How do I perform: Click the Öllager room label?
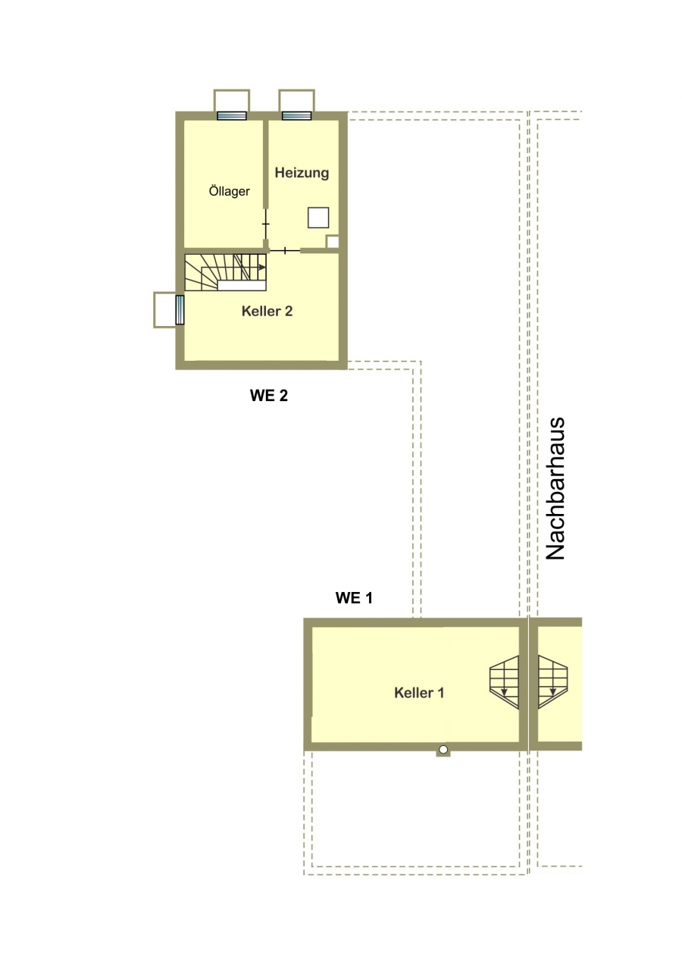tap(229, 191)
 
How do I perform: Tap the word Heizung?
tap(302, 173)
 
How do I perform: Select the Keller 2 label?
tap(267, 311)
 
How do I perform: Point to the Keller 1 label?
tap(419, 693)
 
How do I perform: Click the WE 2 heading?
tap(269, 396)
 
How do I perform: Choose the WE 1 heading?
tap(354, 597)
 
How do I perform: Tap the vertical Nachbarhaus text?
tap(555, 488)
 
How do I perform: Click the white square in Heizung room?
tap(318, 218)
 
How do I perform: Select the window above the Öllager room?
tap(232, 115)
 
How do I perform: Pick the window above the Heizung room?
tap(296, 115)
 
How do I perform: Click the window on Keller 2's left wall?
tap(180, 310)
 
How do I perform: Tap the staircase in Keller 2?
tap(225, 272)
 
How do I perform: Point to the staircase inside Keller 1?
tap(504, 682)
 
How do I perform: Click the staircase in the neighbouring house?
tap(553, 682)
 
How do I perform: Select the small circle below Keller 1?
tap(443, 750)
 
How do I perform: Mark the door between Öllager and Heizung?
tap(266, 224)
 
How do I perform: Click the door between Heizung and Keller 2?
tap(285, 250)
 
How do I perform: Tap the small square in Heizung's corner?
tap(333, 242)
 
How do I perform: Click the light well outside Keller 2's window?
tap(165, 310)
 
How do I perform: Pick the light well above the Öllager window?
tap(232, 100)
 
